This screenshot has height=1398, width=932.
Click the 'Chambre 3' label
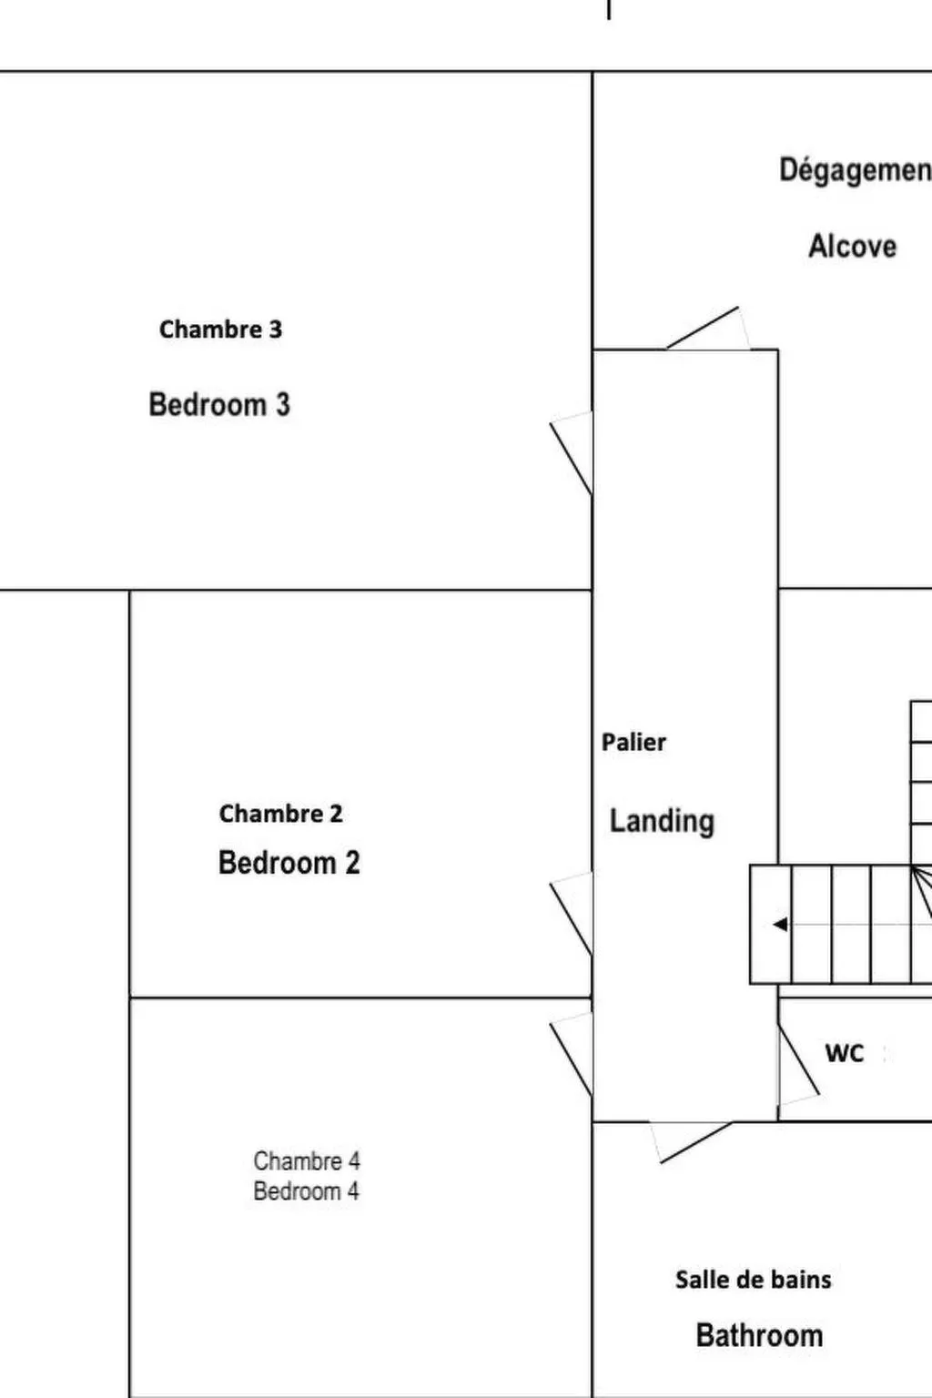(220, 329)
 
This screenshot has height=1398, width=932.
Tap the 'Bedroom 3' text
(219, 404)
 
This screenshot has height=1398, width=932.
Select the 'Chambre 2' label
(281, 813)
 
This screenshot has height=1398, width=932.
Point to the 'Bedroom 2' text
(289, 863)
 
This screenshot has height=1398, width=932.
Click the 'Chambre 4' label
(307, 1160)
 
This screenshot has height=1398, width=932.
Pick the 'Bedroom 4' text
(306, 1191)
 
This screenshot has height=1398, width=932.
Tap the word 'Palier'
(633, 742)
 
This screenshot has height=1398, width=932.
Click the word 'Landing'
(662, 821)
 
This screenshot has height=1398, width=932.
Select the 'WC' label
(845, 1053)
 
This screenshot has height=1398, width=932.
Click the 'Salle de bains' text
(754, 1280)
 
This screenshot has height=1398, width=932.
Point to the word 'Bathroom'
(759, 1335)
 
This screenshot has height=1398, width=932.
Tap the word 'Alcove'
(852, 246)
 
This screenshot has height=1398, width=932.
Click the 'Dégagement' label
(856, 170)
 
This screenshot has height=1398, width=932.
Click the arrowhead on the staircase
(780, 925)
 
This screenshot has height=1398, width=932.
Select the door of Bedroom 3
(572, 453)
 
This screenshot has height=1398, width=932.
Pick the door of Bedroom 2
(572, 914)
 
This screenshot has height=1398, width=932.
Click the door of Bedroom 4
(572, 1054)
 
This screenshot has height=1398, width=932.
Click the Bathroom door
(691, 1142)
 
